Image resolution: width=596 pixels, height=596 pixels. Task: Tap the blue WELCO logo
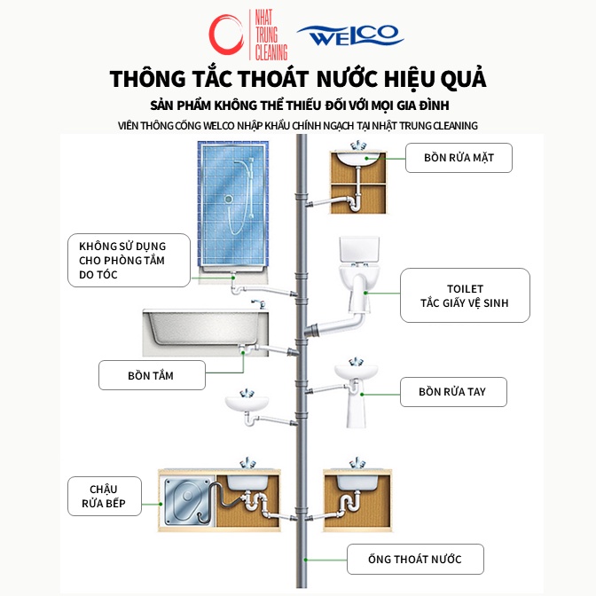[x=350, y=35]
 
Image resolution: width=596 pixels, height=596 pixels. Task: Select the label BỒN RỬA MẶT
[x=459, y=158]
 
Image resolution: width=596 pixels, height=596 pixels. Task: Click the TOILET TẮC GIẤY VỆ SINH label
[x=465, y=295]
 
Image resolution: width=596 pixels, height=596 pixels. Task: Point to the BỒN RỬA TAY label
[x=453, y=392]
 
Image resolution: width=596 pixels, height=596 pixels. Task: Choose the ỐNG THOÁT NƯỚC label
[x=415, y=559]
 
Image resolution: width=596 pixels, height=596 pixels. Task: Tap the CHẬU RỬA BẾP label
[x=105, y=496]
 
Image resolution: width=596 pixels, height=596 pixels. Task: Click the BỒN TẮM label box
[x=152, y=375]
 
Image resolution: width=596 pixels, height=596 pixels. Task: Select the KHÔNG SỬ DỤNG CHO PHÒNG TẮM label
[x=129, y=261]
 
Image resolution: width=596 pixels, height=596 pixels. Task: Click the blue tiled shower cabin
[x=233, y=204]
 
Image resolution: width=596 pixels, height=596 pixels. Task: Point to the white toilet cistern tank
[x=359, y=249]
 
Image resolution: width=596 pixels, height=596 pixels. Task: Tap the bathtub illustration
[x=205, y=333]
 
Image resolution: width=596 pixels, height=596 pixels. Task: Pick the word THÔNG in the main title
[x=148, y=79]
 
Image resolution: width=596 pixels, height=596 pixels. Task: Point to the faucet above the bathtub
[x=258, y=303]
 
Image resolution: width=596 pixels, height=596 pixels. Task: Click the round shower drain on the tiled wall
[x=229, y=199]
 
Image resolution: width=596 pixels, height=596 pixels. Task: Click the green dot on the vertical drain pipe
[x=305, y=560]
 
